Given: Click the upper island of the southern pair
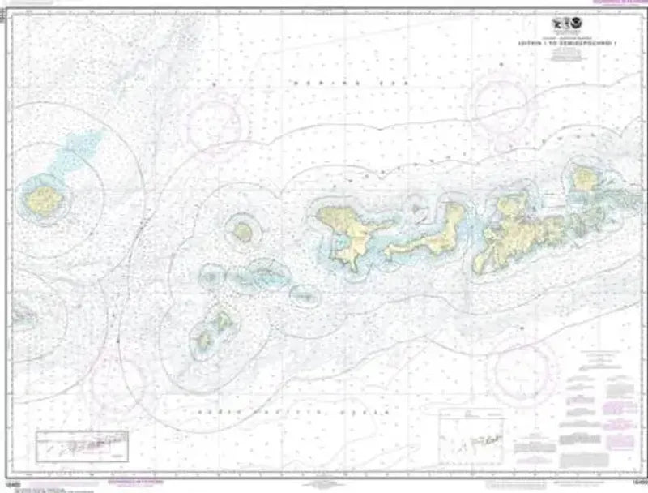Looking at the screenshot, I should coord(222,323).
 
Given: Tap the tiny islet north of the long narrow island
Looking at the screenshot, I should coord(419,208).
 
